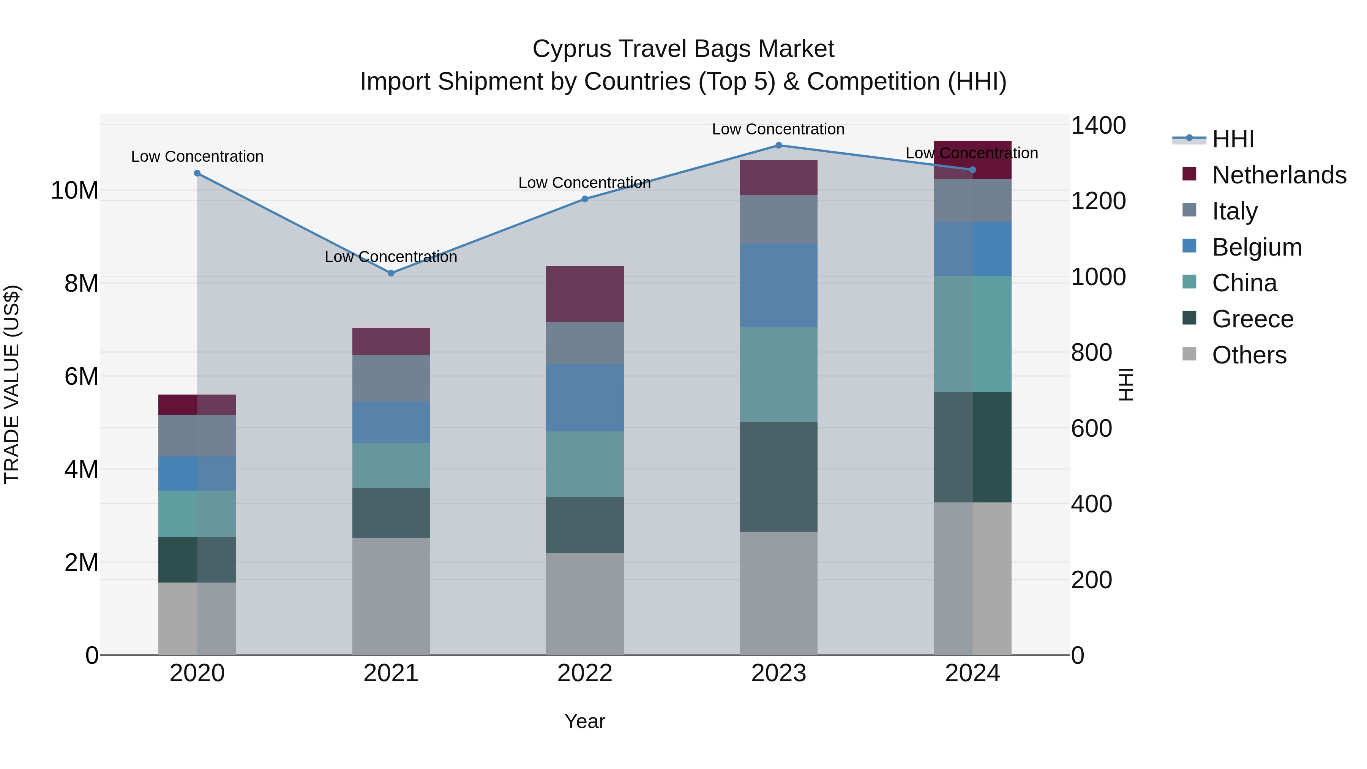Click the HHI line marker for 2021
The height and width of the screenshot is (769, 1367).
(x=391, y=273)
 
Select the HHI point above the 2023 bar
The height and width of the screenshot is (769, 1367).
(x=778, y=145)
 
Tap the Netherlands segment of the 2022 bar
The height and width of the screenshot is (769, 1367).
(x=585, y=294)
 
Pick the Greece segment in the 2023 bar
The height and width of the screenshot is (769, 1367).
(x=778, y=477)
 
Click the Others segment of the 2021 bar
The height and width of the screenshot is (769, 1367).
(x=391, y=597)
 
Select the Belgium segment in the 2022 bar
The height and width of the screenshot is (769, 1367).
(x=585, y=398)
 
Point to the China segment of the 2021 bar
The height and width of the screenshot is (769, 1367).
(x=391, y=466)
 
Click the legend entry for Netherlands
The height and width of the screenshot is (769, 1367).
(x=1279, y=175)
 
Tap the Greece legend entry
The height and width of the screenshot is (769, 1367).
(x=1252, y=319)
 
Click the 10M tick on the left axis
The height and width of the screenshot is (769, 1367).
(x=74, y=190)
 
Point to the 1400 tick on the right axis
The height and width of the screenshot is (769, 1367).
(x=1098, y=126)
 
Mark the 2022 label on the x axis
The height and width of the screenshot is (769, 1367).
(x=585, y=673)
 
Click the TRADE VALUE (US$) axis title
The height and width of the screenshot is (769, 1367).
(x=12, y=384)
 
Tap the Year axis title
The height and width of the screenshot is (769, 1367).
(x=585, y=721)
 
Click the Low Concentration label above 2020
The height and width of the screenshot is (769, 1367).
(x=197, y=156)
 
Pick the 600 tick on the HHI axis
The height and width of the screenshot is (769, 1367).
(x=1091, y=428)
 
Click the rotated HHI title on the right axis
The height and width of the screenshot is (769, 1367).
(x=1125, y=384)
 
